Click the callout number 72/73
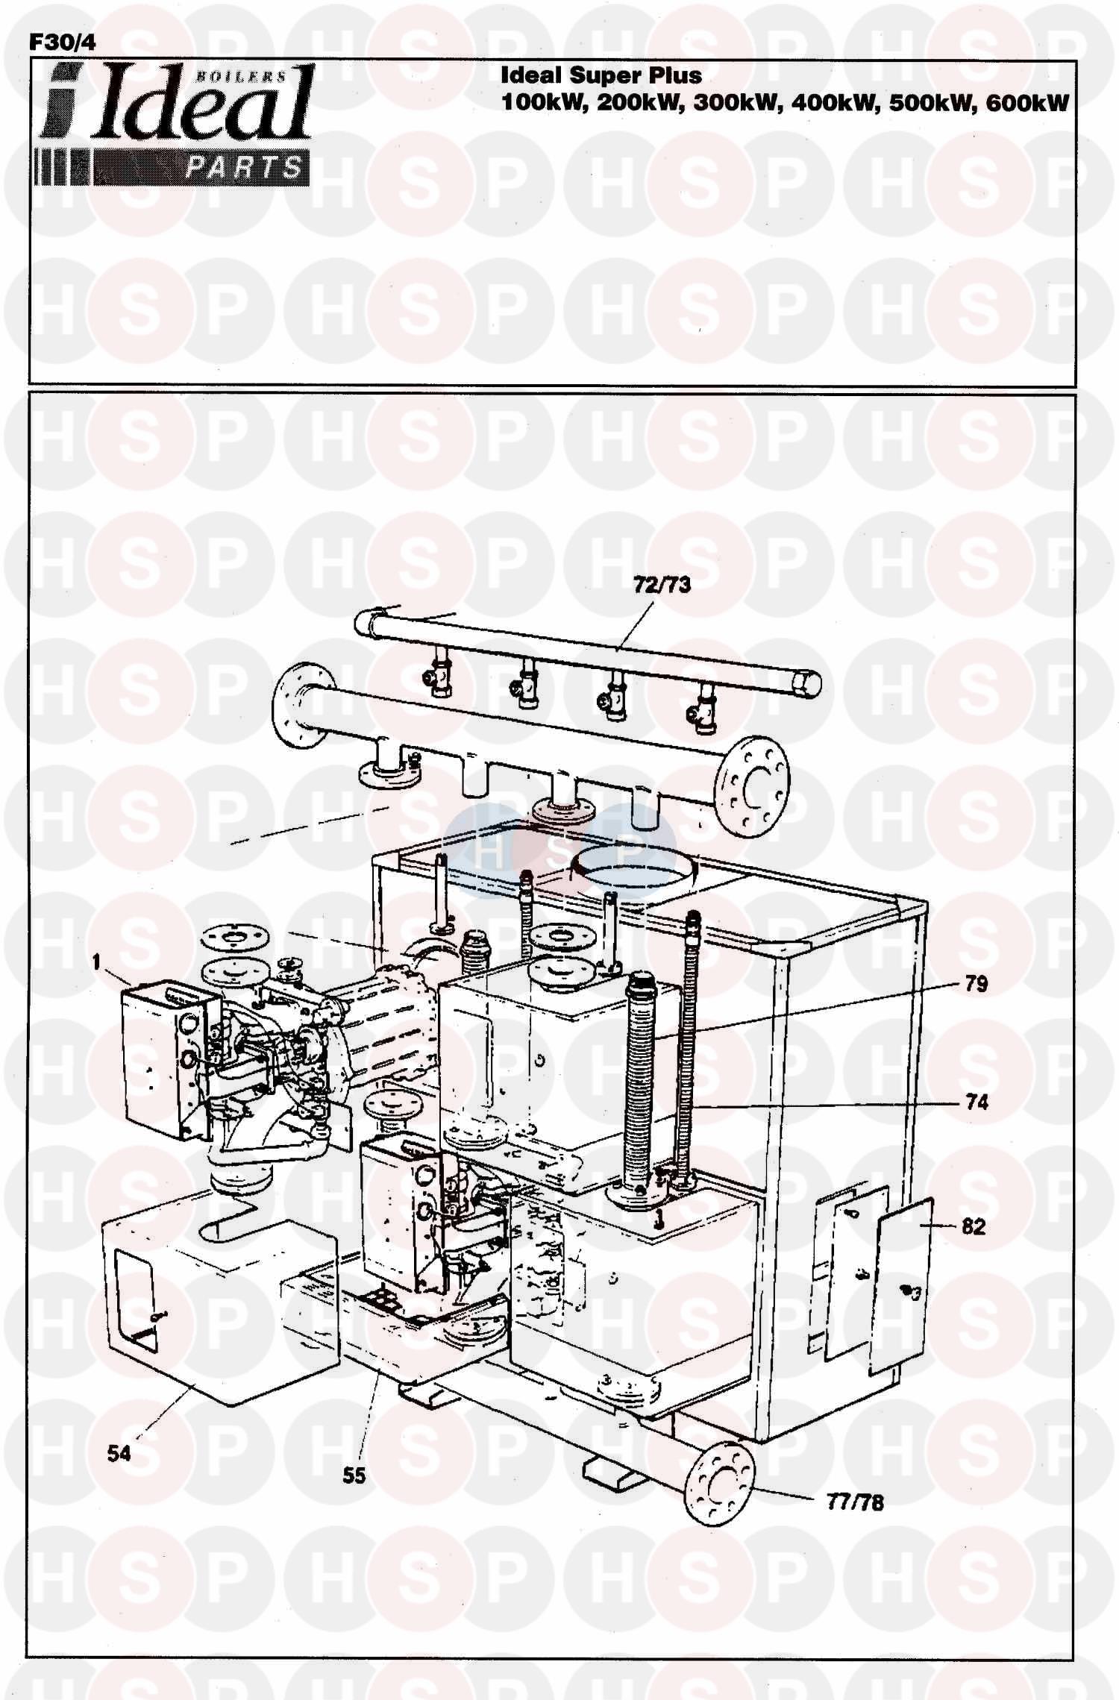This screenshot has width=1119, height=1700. (x=662, y=585)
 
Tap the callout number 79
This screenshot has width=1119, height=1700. (x=976, y=984)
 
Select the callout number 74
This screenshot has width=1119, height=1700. (x=977, y=1102)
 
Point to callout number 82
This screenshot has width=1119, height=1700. (x=974, y=1227)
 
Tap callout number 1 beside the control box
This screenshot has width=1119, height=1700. (x=96, y=963)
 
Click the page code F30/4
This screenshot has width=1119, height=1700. (x=62, y=44)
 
